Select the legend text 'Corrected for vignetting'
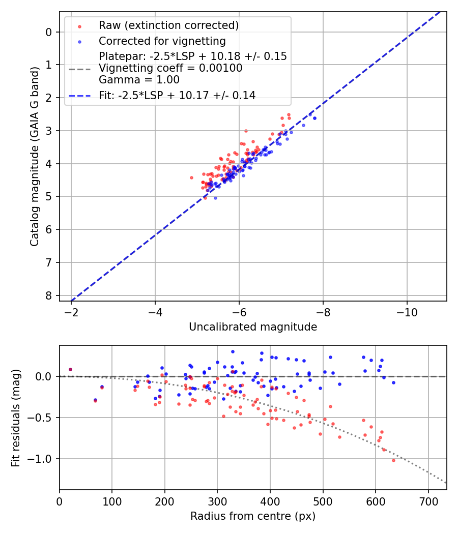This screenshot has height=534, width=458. pos(162,41)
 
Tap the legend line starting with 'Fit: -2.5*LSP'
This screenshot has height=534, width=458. pos(177,95)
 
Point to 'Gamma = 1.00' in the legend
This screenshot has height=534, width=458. pos(139,79)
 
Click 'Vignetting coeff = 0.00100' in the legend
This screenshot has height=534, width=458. pos(170,68)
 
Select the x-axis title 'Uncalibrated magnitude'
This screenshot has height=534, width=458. pos(253,327)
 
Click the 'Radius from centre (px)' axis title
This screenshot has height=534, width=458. pos(253,516)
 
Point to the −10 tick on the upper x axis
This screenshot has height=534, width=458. pos(407,311)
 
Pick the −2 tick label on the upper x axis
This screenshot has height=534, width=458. pos(71,311)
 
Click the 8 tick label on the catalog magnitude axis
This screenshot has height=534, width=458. pos(49,295)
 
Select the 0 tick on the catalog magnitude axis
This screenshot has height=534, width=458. pos(49,32)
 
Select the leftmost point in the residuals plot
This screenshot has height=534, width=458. pos(70,369)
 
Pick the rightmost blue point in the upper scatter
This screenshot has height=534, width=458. pos(314,118)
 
